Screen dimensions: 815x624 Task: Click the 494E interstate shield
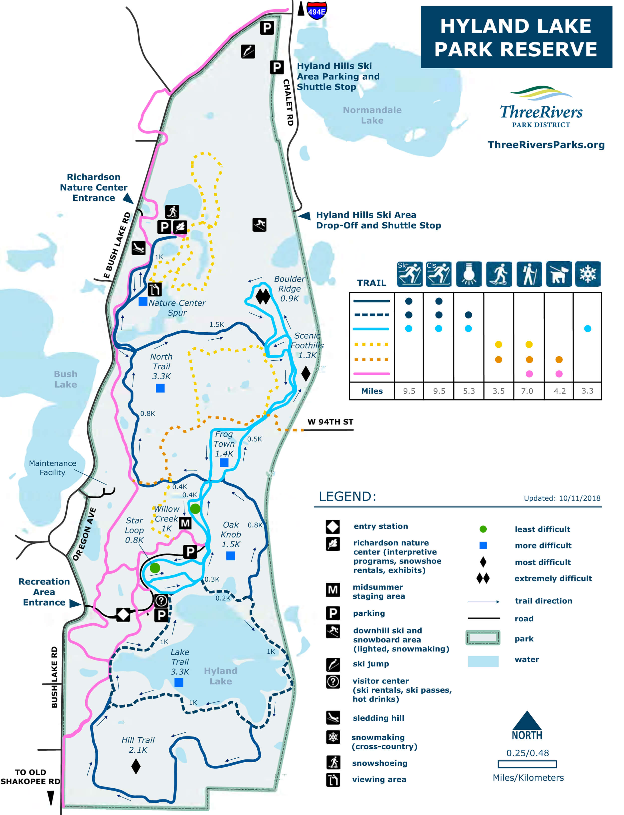tap(317, 10)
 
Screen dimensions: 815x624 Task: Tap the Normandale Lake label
tap(372, 115)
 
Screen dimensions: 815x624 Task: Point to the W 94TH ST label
tap(330, 422)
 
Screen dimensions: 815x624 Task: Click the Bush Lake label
tap(66, 379)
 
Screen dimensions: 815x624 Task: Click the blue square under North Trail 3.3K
tap(160, 388)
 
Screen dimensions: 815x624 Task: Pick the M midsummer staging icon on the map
tap(185, 523)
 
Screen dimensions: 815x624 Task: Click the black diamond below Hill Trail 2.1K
tap(136, 766)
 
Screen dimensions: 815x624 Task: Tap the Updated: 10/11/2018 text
tap(562, 498)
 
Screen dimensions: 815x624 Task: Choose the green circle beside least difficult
tap(483, 529)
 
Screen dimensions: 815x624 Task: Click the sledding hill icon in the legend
tap(333, 718)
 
